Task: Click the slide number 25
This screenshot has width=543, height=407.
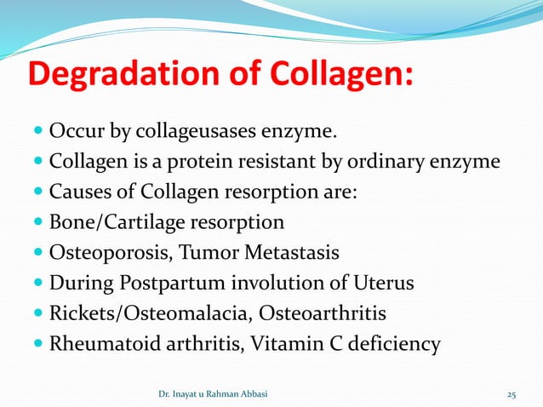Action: (x=512, y=394)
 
